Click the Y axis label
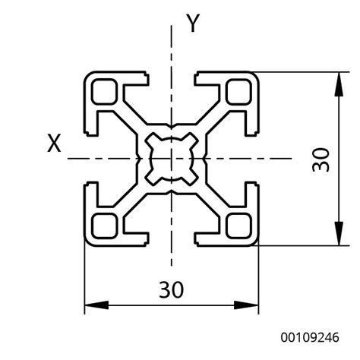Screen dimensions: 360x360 [x=193, y=23]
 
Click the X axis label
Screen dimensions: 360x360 [x=54, y=143]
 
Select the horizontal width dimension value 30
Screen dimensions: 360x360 [x=171, y=289]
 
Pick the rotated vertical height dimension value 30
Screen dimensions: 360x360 [x=321, y=160]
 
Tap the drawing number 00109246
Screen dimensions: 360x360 [x=310, y=337]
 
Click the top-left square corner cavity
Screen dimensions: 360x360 [x=104, y=92]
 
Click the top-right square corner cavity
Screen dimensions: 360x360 [x=238, y=92]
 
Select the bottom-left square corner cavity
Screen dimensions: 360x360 [x=104, y=226]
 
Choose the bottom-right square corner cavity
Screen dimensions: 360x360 [x=238, y=226]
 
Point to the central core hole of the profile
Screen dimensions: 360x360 [x=172, y=159]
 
